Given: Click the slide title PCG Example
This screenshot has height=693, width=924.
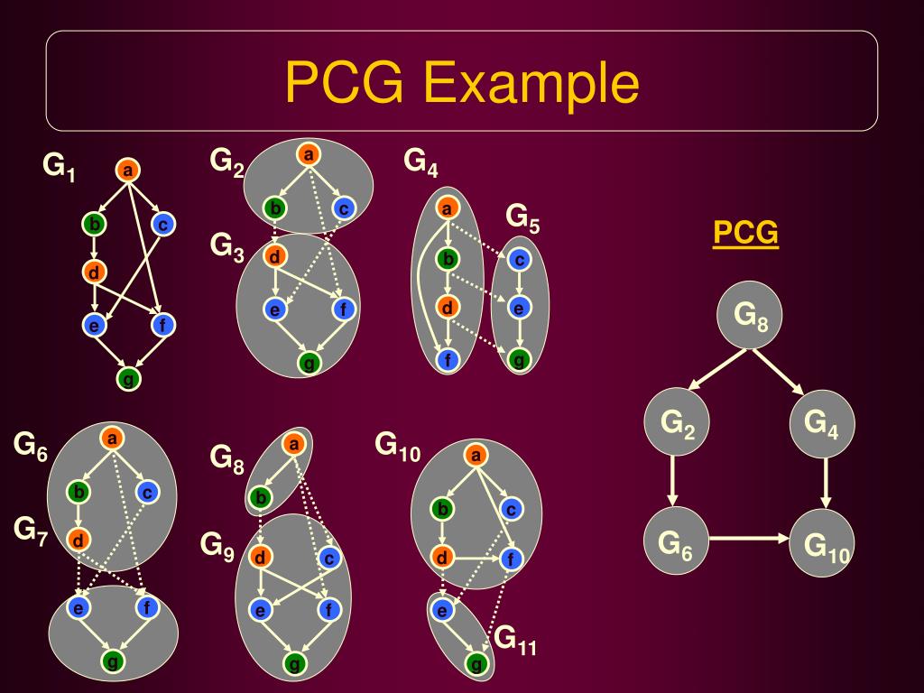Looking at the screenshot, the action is tap(462, 83).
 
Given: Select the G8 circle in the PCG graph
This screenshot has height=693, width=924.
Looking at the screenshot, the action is tap(750, 316).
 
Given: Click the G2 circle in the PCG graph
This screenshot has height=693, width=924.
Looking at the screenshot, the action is tap(678, 422).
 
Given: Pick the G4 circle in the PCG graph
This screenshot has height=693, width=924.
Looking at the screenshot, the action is tap(821, 422).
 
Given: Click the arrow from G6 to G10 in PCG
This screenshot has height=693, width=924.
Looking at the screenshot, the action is tap(749, 539).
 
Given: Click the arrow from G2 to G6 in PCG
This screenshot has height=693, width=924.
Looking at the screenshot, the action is tap(672, 482).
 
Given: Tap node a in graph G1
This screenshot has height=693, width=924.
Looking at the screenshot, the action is tap(127, 170).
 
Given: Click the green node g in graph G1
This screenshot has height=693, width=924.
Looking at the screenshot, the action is tap(129, 379).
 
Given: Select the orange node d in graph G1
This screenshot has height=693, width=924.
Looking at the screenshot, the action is tap(94, 271).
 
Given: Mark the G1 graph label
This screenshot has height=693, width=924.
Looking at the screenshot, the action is tap(60, 166).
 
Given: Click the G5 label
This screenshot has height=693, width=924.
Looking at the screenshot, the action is tap(522, 217).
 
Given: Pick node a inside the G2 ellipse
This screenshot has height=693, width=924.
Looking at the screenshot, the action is tap(309, 155).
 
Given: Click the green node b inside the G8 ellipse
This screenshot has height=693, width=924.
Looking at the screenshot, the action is tap(260, 497).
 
